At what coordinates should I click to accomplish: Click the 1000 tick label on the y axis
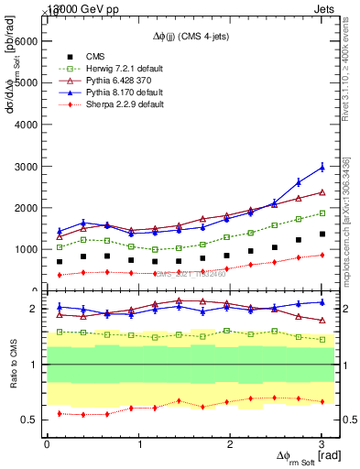26,249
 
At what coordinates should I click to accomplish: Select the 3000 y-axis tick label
26,166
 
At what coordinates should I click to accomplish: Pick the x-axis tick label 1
139,444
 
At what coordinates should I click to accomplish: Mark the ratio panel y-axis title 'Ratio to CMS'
13,364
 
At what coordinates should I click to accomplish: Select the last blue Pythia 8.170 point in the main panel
322,167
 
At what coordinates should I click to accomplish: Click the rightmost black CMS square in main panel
322,234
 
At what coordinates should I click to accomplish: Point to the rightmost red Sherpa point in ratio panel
322,401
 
